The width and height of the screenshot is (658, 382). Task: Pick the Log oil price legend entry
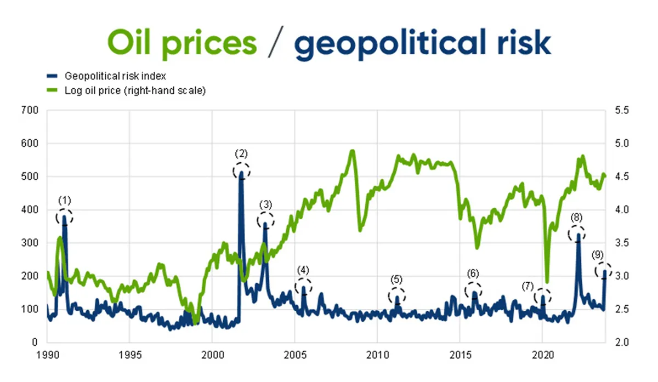coord(135,90)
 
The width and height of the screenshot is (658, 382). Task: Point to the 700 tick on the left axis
coord(31,110)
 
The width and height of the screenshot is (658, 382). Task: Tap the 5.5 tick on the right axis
coord(621,110)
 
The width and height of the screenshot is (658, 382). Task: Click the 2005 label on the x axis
coord(295,354)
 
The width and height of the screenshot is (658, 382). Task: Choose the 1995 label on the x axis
coord(129,354)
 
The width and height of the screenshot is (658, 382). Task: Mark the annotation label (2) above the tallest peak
coord(241,154)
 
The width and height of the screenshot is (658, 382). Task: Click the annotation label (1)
coord(65,200)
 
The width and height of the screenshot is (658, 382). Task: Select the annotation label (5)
coord(397,280)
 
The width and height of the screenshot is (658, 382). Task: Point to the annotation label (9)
coord(598,255)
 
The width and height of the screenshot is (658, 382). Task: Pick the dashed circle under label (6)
coord(474,290)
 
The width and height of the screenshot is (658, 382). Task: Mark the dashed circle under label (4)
coord(303,286)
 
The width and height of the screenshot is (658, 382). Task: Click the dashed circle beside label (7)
coord(543,296)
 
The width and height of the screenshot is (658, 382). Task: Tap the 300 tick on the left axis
coord(31,243)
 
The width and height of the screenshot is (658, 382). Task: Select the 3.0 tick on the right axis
coord(621,276)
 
